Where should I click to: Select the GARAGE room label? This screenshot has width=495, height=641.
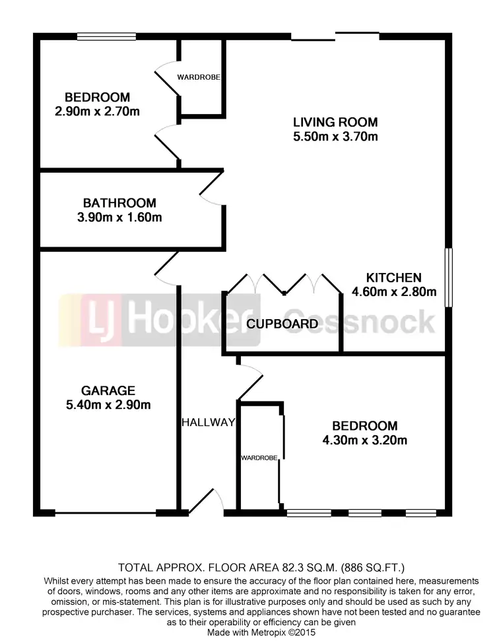coord(109,390)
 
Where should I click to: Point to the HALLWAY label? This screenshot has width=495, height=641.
coord(208,423)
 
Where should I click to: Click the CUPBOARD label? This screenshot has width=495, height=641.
coord(282,324)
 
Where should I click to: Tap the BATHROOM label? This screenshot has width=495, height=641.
coord(119,203)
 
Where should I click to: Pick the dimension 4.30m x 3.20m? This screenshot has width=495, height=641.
coord(364,441)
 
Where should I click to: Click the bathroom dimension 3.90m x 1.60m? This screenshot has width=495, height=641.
coord(119,218)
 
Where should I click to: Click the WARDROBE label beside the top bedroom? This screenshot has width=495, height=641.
coord(198,77)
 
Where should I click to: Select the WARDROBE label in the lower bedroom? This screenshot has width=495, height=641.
coord(257,456)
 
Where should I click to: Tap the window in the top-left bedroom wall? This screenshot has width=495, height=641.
coord(106,37)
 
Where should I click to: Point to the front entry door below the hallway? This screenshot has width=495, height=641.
coord(206,503)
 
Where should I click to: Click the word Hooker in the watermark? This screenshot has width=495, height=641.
coord(181,321)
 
